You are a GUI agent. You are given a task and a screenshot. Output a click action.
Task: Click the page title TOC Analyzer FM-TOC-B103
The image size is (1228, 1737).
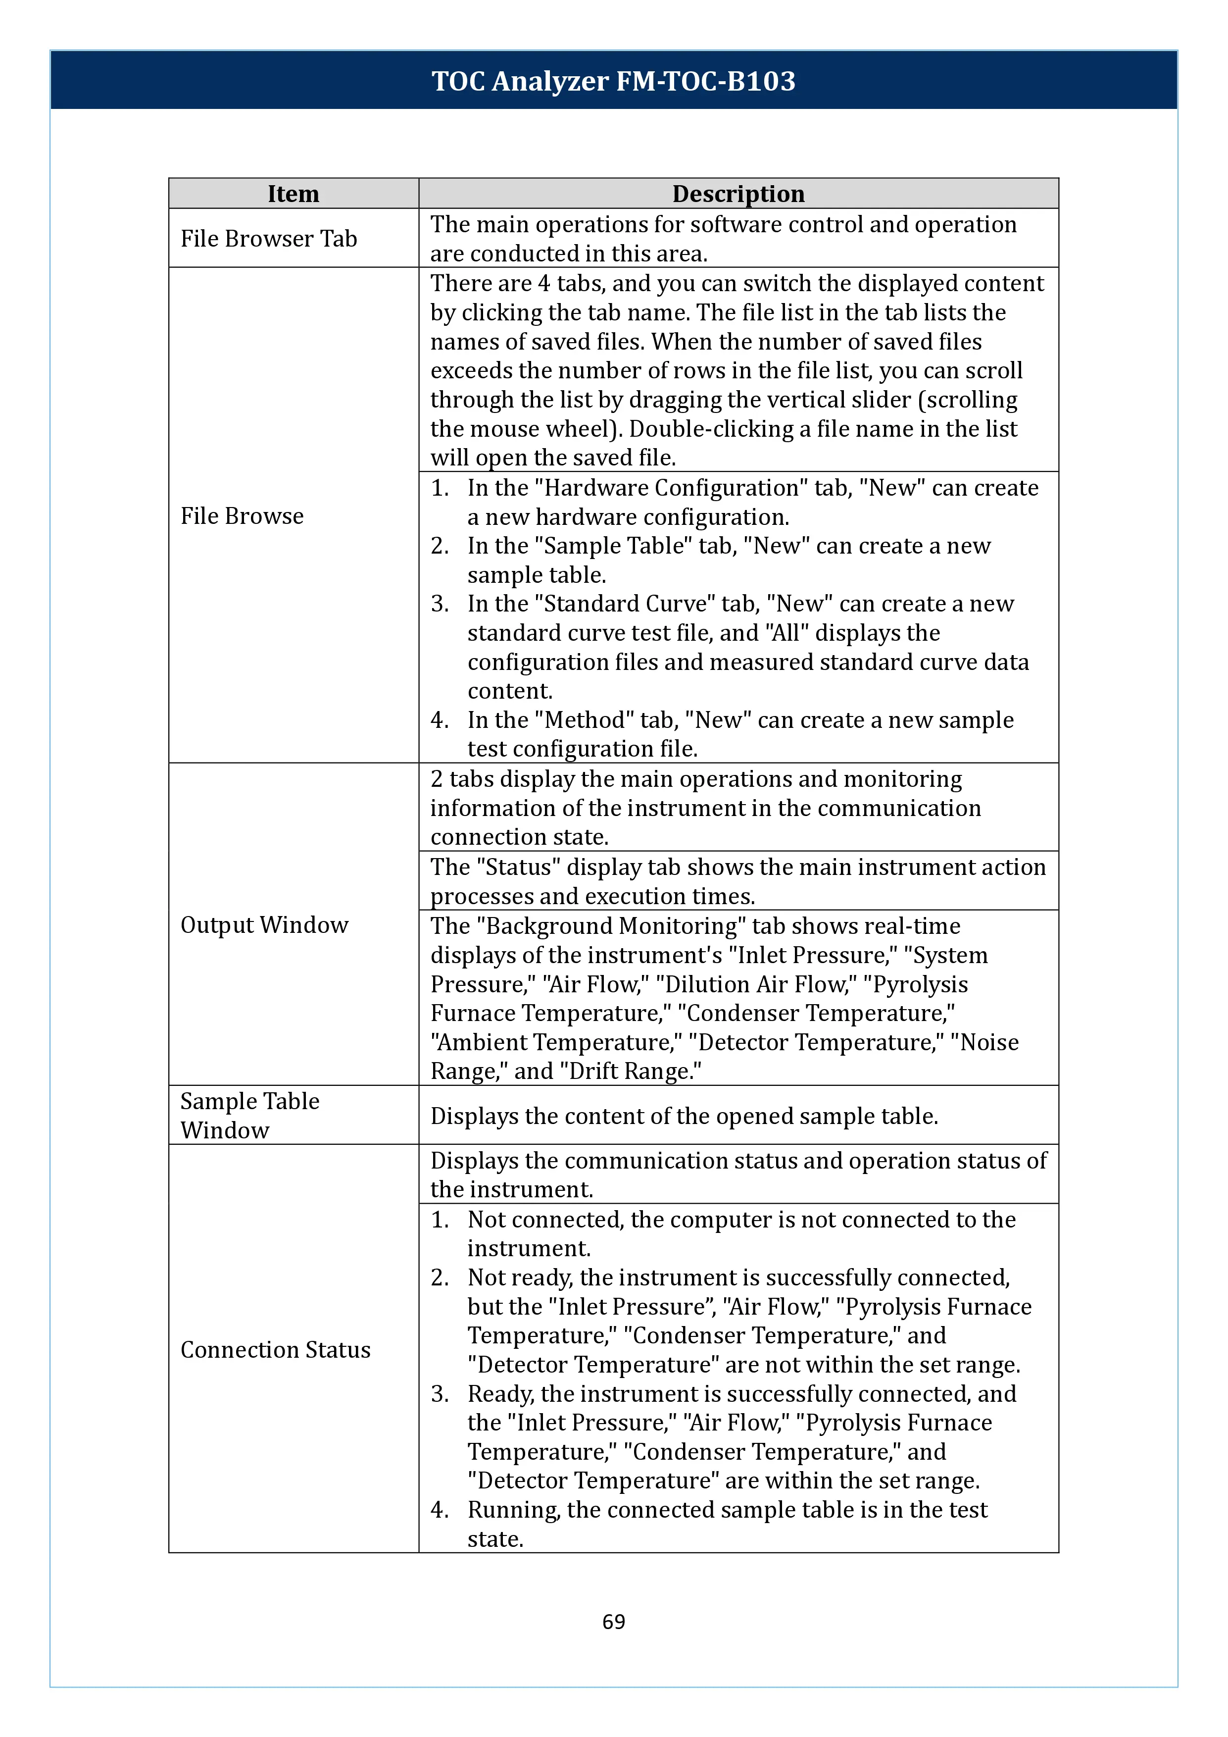[x=613, y=81]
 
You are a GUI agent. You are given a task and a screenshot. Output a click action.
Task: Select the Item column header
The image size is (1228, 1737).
[x=294, y=194]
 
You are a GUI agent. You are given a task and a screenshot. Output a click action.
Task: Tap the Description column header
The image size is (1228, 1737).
[x=738, y=194]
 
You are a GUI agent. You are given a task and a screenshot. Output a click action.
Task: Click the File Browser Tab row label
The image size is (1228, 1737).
[x=268, y=238]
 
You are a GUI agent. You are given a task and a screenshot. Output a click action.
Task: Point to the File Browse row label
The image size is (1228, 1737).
[x=242, y=516]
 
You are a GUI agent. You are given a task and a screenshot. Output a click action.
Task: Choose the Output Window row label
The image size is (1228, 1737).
[x=264, y=924]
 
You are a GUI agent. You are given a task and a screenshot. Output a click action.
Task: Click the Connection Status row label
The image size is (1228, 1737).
[x=275, y=1350]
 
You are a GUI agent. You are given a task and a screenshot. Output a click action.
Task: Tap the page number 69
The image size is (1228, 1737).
[x=613, y=1621]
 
